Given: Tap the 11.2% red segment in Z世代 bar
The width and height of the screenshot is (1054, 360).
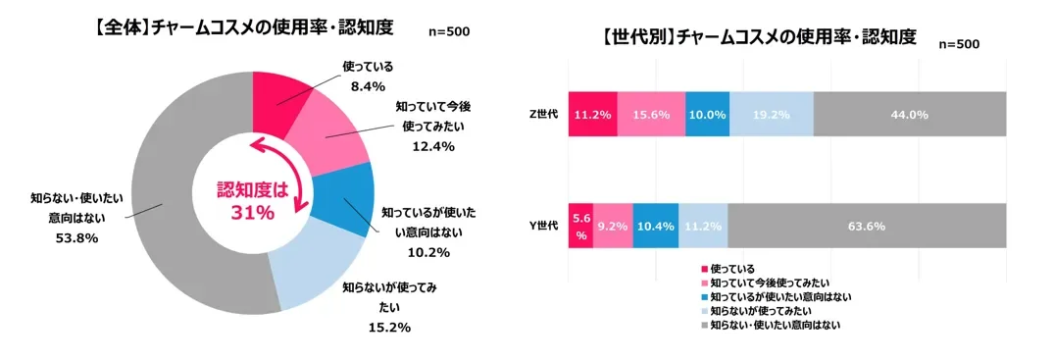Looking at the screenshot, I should point(592,115).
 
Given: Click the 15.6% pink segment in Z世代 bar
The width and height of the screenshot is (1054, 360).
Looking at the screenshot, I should point(651,115).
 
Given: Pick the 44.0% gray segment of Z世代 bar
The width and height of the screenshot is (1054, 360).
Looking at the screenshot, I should point(909,115).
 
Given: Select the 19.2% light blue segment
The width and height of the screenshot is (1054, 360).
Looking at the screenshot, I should point(772,115).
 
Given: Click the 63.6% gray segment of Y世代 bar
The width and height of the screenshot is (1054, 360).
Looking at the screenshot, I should point(867,226).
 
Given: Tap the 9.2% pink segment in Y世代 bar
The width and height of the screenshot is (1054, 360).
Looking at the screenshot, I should point(613,226).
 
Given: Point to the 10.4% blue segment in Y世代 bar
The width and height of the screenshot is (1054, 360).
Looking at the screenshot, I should point(655,226).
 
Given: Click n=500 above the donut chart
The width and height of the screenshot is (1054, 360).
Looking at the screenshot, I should point(450,31).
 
